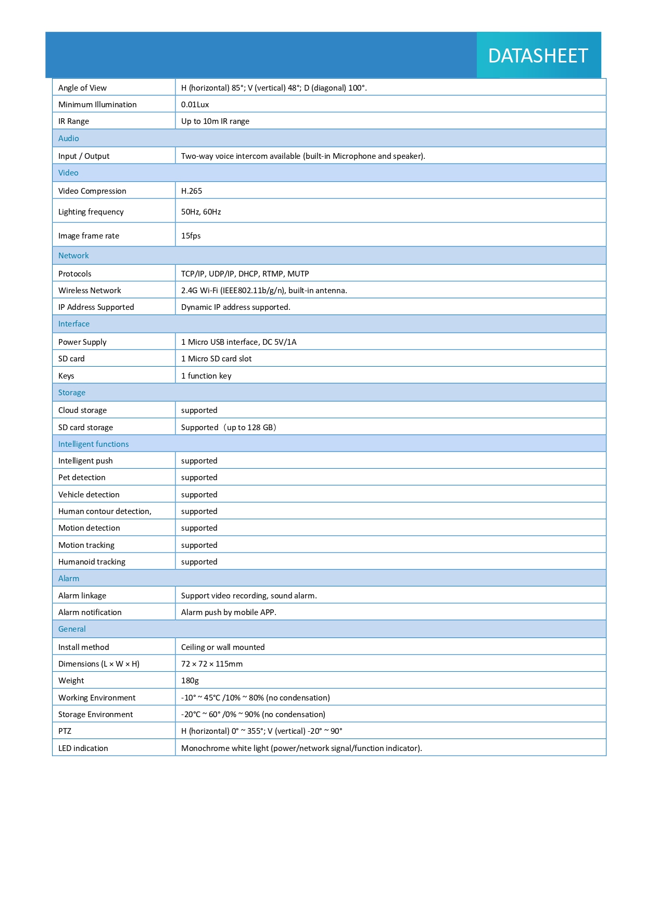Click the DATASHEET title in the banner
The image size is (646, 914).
(x=538, y=56)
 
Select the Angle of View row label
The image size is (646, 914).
(x=82, y=88)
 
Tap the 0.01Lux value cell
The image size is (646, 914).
(x=195, y=105)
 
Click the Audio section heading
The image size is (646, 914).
(x=69, y=139)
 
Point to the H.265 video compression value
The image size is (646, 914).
(x=192, y=191)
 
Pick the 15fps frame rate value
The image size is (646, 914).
(x=191, y=236)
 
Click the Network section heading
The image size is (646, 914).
(x=73, y=256)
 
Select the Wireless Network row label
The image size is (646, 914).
(x=90, y=291)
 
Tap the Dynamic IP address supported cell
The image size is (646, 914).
(x=235, y=307)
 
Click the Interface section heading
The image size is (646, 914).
(x=74, y=324)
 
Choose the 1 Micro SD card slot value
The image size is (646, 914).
(x=216, y=359)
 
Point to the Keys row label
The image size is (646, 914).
(x=66, y=376)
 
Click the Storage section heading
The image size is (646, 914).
(x=72, y=393)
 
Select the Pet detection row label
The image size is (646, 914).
(x=82, y=478)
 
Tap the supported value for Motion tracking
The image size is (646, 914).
(x=199, y=545)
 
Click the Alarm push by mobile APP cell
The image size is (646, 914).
(x=229, y=612)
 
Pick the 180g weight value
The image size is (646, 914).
(x=190, y=681)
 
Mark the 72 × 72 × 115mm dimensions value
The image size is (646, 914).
(x=212, y=664)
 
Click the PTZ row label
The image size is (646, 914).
(x=65, y=731)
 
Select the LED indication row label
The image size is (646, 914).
(x=83, y=748)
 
